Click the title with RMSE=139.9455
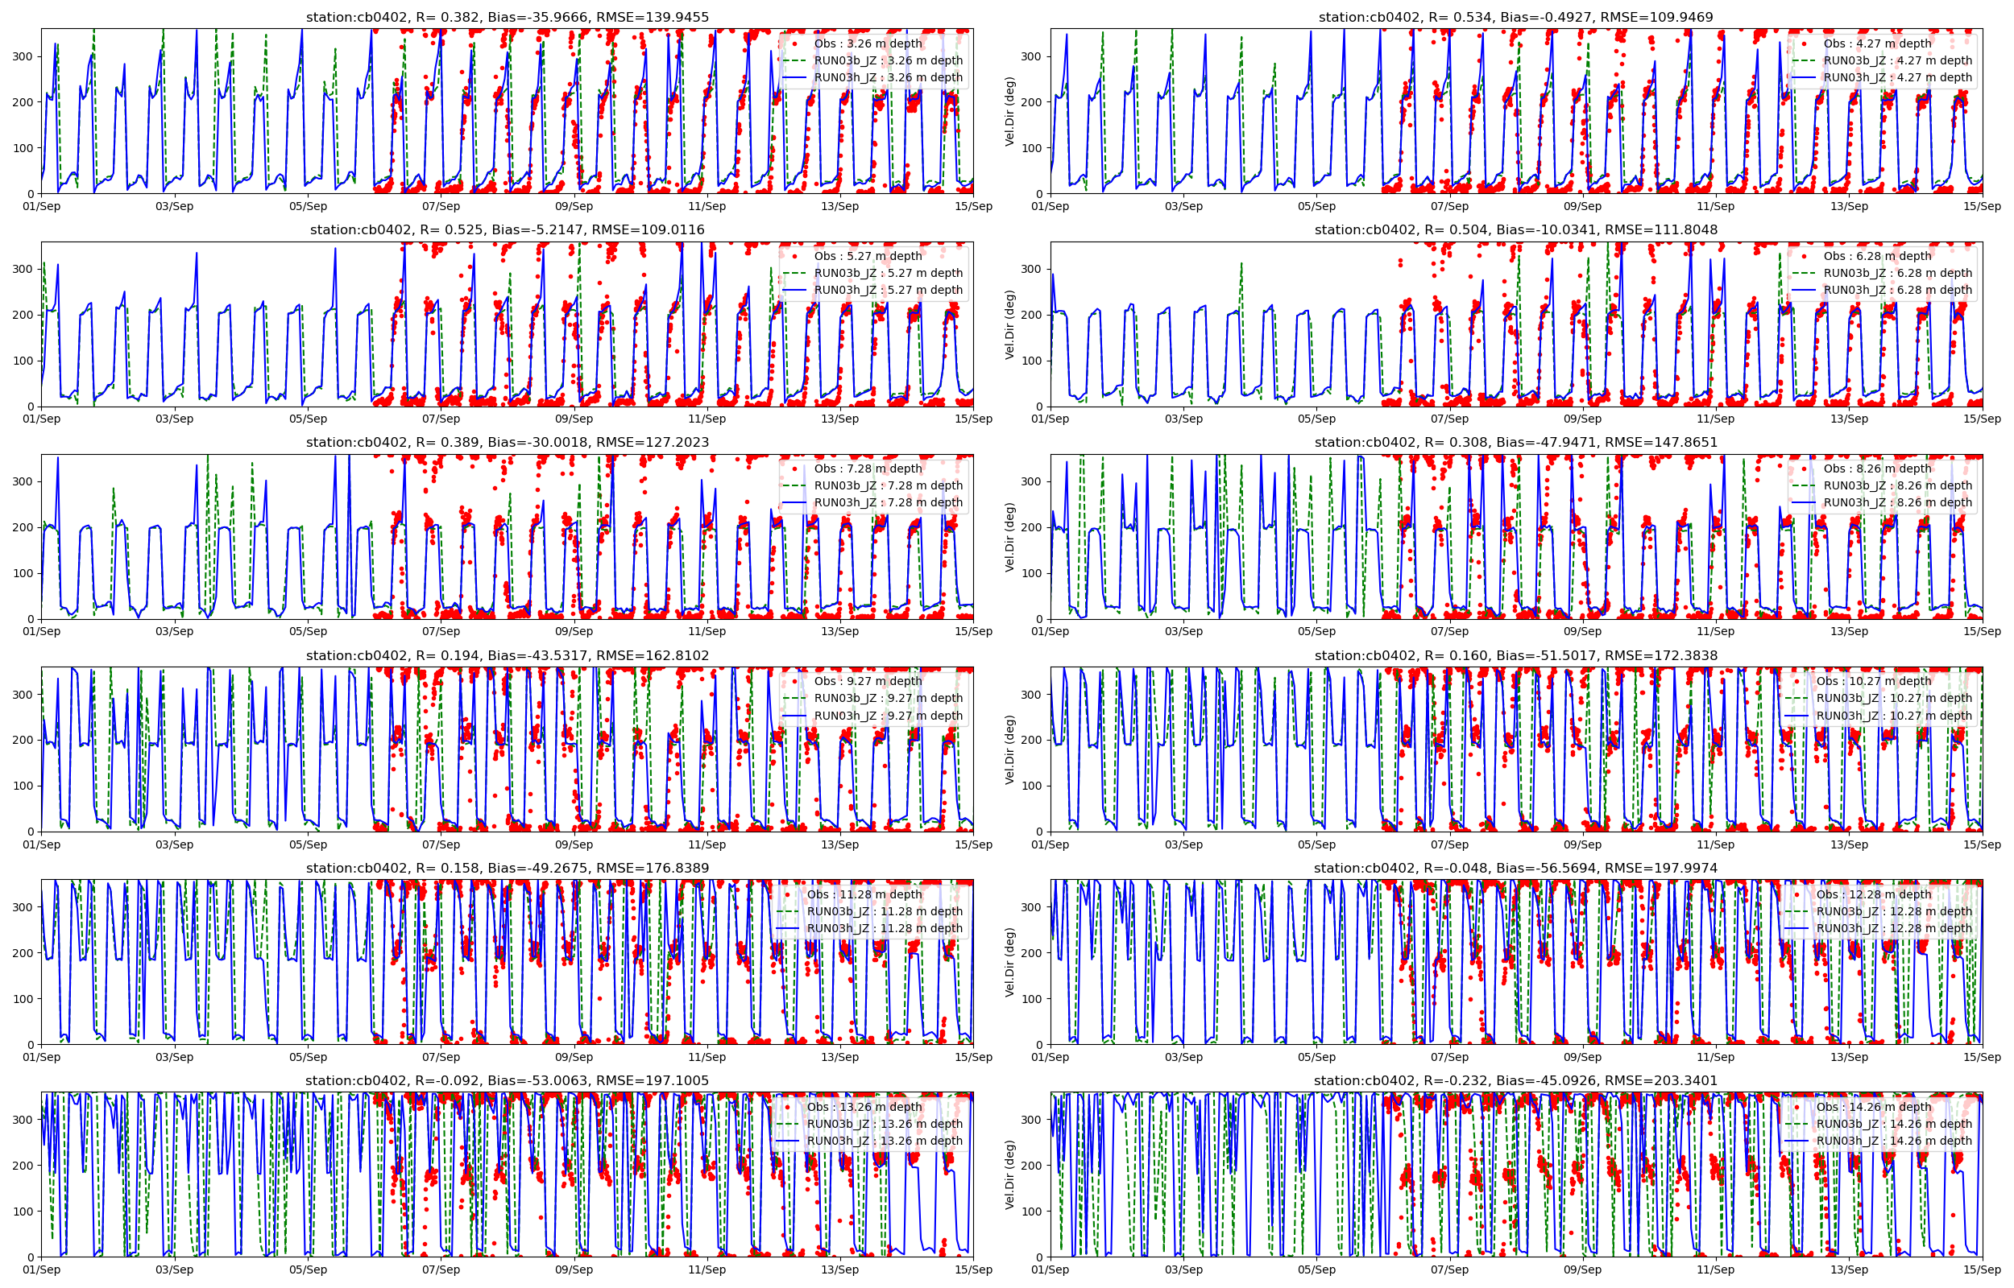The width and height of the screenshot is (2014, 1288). click(x=507, y=17)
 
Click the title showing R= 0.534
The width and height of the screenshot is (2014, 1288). click(x=1515, y=17)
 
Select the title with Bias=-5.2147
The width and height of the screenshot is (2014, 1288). click(x=507, y=230)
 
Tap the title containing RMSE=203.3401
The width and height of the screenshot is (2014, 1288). click(x=1515, y=1080)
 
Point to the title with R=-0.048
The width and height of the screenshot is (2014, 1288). click(x=1515, y=868)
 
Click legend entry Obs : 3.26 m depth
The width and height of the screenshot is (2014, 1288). click(x=868, y=43)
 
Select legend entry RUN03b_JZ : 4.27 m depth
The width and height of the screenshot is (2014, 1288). click(x=1897, y=60)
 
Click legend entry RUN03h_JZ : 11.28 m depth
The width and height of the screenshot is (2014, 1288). click(x=884, y=928)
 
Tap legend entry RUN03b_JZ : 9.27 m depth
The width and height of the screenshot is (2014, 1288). click(x=888, y=699)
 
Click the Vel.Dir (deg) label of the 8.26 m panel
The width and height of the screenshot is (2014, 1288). click(x=1010, y=537)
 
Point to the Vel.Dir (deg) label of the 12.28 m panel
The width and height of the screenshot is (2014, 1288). click(x=1010, y=962)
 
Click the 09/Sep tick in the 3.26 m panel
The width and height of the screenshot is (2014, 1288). click(x=574, y=207)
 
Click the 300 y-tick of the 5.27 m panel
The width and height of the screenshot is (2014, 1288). click(x=23, y=270)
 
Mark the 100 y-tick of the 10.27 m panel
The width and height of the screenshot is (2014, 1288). click(x=1033, y=786)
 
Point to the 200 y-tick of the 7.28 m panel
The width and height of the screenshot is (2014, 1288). click(x=23, y=528)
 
